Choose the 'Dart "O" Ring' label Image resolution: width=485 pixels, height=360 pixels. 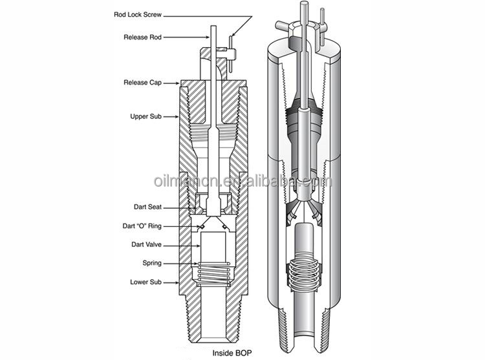pos(142,226)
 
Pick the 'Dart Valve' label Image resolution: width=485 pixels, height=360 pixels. pos(145,245)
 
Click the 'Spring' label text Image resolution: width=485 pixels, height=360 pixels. pos(151,264)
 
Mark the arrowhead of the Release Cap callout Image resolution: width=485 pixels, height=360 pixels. pos(180,83)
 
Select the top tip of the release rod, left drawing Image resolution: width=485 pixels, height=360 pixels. pos(214,28)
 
